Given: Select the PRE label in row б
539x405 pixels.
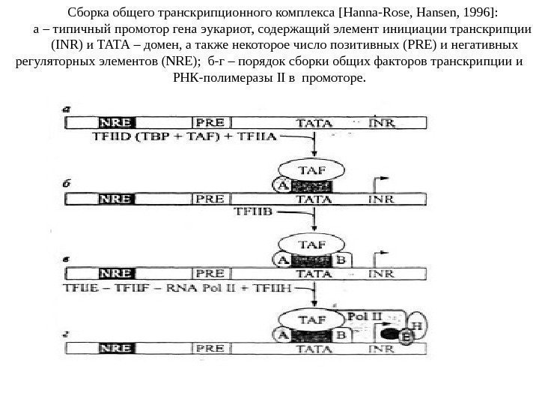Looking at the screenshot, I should [210, 199].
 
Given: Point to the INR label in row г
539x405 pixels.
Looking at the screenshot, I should [383, 348].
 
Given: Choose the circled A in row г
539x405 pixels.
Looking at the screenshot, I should [284, 334].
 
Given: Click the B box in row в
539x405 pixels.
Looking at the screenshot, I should [341, 259].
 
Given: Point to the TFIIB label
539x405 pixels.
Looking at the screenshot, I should [253, 213].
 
